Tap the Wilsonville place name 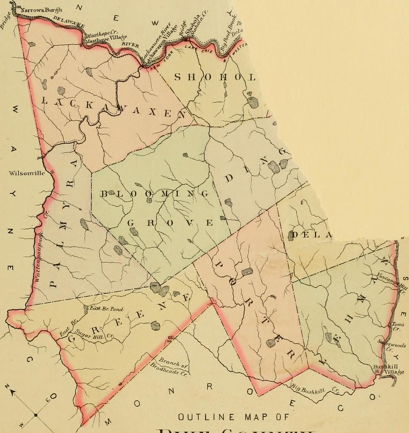tap(26, 173)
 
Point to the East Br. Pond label tap(106, 309)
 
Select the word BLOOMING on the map tap(155, 194)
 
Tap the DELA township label tap(310, 234)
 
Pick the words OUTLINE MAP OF tap(234, 417)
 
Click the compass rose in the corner tap(35, 415)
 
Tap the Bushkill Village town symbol tap(377, 371)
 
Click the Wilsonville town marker tap(52, 172)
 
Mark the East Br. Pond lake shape tap(86, 309)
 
